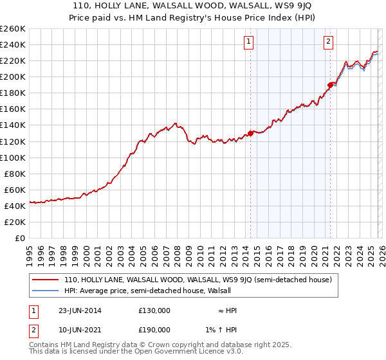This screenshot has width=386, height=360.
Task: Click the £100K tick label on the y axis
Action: point(12,157)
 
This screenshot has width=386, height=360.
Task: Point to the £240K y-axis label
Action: point(12,44)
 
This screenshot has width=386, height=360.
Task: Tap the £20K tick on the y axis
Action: point(15,222)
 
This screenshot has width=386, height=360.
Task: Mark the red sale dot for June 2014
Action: point(250,133)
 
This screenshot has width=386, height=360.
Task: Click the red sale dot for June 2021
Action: point(330,84)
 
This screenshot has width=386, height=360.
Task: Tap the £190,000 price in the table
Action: point(154,329)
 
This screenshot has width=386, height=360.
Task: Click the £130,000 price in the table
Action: point(154,310)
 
